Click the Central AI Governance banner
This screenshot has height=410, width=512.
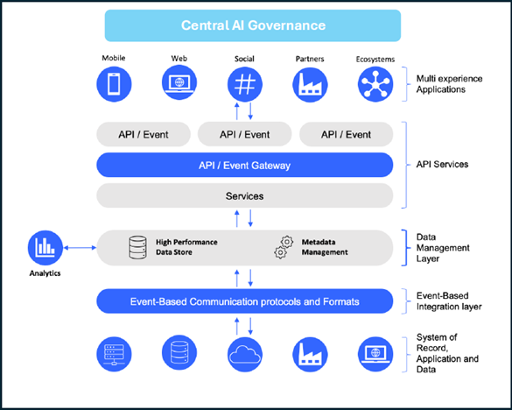pos(253,25)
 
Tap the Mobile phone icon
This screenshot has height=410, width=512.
pos(114,84)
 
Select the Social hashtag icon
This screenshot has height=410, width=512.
pos(244,84)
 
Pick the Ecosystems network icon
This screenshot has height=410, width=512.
pos(375,84)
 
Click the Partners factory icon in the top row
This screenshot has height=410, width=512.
pos(310,84)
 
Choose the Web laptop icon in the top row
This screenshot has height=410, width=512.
pos(179,82)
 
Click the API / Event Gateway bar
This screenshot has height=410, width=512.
pos(244,165)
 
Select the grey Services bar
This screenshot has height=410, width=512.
pos(244,195)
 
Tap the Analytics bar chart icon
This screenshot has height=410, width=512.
pos(46,248)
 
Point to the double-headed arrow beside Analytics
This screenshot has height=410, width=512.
pos(80,248)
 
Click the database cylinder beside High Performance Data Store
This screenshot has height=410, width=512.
pos(137,248)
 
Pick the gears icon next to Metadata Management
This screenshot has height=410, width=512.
pos(284,247)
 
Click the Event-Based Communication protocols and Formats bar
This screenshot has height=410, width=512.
pos(244,301)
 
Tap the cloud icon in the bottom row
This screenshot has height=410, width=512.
pos(245,355)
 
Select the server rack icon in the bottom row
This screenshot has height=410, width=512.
pos(114,355)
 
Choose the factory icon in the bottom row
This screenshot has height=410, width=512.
pos(310,355)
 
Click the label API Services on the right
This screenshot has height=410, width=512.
pos(442,164)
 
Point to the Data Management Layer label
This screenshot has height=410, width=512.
pos(443,248)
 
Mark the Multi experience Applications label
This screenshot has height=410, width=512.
pos(449,84)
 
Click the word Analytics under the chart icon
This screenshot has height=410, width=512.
pos(45,273)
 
